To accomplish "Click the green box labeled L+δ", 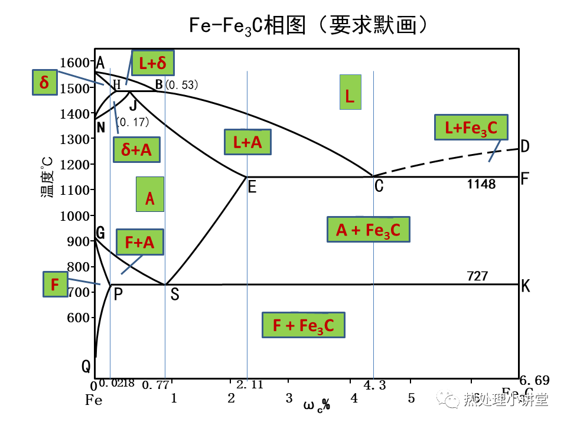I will tap(153, 62).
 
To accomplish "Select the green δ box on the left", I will tap(44, 83).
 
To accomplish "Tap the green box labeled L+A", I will tap(247, 142).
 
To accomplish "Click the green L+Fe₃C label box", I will tap(471, 127).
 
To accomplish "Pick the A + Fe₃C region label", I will tap(368, 230).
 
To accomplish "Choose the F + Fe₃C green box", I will tap(303, 325).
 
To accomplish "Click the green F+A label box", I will tap(139, 242).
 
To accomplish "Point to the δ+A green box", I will tap(136, 150).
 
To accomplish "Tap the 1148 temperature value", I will tap(481, 184).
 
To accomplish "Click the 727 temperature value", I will tap(477, 276).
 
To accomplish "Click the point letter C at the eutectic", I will tap(379, 187).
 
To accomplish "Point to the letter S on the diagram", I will tap(174, 295).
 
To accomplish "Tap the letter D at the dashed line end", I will tap(524, 146).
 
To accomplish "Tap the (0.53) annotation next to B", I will tap(181, 85).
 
